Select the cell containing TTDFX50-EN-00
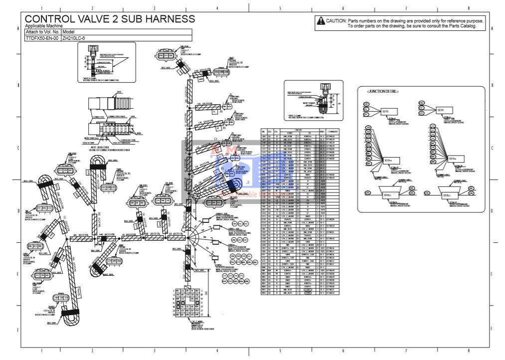pos(42,37)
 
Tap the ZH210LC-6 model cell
pos(73,37)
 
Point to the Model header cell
pos(68,31)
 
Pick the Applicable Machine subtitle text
pos(43,25)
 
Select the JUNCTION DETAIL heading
pos(383,92)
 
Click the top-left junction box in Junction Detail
pos(385,111)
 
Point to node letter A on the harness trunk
pos(187,107)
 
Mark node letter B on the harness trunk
pos(187,129)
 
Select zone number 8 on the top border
pos(468,8)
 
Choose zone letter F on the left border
pos(17,330)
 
